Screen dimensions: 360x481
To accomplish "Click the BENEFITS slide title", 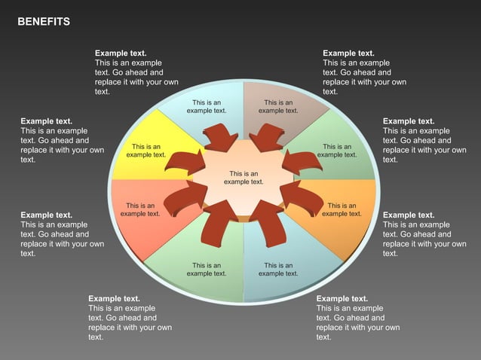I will click(x=44, y=22).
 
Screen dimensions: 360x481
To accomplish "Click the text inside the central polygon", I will click(x=244, y=178).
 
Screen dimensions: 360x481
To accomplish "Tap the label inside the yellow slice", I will click(x=146, y=151).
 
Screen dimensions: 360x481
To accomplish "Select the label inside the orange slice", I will click(x=342, y=209).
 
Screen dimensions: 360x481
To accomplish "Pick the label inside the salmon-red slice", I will click(x=140, y=209).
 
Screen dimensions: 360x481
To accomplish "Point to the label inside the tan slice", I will click(x=278, y=106).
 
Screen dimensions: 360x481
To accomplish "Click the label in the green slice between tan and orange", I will click(x=337, y=151).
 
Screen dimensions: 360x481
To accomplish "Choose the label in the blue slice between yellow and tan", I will click(x=207, y=106).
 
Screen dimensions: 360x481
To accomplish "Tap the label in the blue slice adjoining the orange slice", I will click(x=278, y=270).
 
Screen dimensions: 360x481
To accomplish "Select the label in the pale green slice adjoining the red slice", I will click(x=207, y=270).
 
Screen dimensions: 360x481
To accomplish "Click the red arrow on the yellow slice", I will click(x=184, y=162).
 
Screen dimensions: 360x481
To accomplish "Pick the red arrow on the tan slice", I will click(x=267, y=138).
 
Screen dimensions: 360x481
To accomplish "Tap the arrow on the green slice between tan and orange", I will click(x=303, y=161).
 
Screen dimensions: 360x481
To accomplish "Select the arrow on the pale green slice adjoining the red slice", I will click(x=219, y=223).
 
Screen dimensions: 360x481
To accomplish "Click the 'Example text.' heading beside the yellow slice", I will click(x=47, y=121).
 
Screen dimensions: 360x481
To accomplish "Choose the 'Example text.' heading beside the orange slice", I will click(x=409, y=215).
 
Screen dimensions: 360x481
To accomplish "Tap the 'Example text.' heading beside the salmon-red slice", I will click(x=47, y=215).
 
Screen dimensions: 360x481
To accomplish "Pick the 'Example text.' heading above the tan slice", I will click(x=348, y=53).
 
